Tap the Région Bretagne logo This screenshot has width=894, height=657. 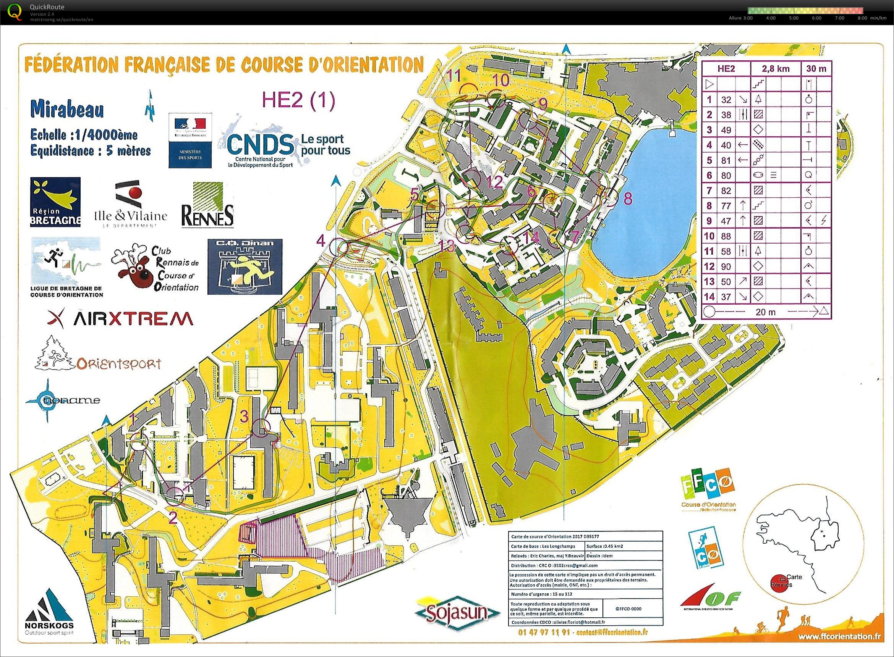tap(55, 202)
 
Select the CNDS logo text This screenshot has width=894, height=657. tap(260, 145)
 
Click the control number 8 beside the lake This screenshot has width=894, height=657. tap(627, 199)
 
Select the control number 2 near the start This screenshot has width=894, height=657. tap(173, 517)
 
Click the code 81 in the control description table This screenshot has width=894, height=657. tap(726, 160)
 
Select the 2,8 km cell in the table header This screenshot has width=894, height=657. tap(776, 68)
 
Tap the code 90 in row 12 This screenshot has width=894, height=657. tap(726, 266)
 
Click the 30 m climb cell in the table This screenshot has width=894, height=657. tap(816, 68)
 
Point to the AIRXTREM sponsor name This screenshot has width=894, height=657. tap(120, 318)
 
